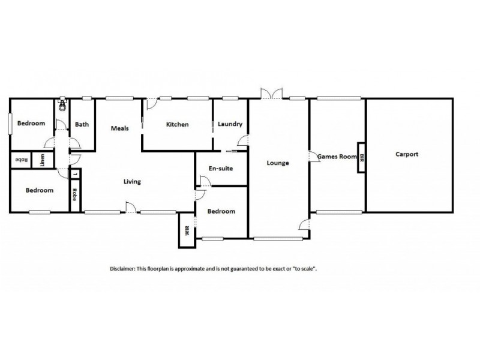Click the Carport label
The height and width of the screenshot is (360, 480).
click(x=407, y=154)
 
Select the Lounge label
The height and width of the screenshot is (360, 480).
click(x=278, y=163)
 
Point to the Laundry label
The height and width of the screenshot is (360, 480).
click(x=230, y=124)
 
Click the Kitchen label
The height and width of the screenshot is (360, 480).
click(x=177, y=124)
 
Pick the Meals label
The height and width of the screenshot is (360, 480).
click(x=120, y=128)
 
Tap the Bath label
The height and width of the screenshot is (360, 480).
click(x=82, y=125)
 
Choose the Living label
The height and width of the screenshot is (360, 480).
click(x=132, y=182)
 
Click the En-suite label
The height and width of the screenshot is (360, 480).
click(x=220, y=169)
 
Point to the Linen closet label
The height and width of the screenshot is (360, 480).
click(x=42, y=160)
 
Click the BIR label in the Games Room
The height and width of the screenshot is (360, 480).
click(x=361, y=157)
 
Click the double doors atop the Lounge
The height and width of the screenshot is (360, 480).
click(x=271, y=93)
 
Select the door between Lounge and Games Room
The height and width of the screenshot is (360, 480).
click(x=313, y=157)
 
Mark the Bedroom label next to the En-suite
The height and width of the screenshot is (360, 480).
click(x=221, y=211)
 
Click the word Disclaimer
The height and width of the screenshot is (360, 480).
click(x=122, y=269)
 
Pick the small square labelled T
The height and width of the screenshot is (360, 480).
click(x=74, y=175)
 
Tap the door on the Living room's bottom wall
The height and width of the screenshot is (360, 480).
click(x=128, y=208)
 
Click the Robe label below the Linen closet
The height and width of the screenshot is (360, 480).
click(x=74, y=195)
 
